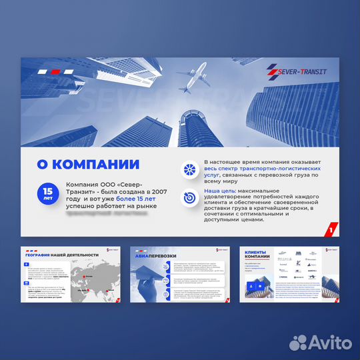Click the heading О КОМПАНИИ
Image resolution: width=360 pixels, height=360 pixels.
[88, 165]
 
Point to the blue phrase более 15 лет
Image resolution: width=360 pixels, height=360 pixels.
[136, 198]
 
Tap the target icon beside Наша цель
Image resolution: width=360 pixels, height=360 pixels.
[190, 195]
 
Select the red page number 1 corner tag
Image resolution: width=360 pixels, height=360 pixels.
[330, 231]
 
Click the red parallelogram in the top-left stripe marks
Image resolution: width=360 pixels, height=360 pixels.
[57, 71]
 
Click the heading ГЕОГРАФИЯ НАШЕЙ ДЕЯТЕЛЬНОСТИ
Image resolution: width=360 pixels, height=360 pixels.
[62, 255]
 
